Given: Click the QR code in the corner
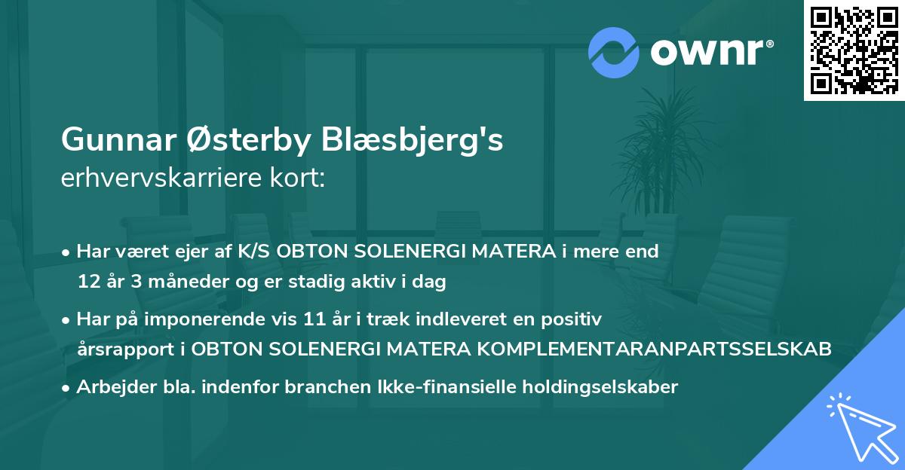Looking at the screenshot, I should click(x=854, y=50).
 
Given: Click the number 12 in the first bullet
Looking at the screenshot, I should click(x=87, y=282).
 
